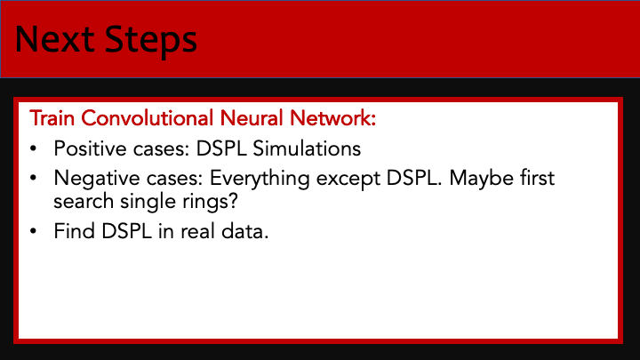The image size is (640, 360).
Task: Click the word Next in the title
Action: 55,40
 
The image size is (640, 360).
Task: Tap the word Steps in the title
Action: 151,42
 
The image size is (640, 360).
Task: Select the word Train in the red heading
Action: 52,118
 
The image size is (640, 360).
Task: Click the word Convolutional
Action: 148,118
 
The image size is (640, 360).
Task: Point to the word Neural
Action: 252,118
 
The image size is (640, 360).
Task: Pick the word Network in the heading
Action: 332,118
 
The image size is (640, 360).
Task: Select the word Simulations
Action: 307,148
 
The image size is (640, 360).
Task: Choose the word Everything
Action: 260,180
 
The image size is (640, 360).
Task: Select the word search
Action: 84,201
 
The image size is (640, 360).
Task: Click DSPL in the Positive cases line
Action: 221,148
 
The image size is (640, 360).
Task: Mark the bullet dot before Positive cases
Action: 34,148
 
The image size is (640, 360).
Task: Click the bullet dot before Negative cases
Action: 34,179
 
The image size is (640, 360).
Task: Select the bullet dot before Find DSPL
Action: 34,231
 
